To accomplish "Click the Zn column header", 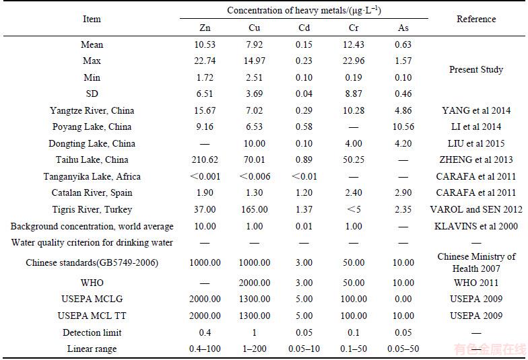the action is pos(205,28).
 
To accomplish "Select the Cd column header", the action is pos(304,28).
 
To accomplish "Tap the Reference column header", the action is pos(476,19).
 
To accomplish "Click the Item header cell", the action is pos(92,19).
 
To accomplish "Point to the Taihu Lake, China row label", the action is pos(92,159).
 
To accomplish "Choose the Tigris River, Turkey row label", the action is pos(92,210).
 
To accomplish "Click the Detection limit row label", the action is pos(92,332).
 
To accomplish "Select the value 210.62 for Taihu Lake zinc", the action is pos(205,159).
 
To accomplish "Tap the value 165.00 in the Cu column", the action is pos(255,210).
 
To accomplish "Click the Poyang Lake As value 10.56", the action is pos(403,127).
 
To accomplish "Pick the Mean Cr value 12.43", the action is pos(354,44).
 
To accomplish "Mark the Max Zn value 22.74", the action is pos(205,61).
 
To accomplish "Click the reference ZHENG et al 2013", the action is pos(476,159).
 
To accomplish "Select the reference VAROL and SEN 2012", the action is pos(476,210).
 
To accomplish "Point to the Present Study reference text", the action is pos(476,69).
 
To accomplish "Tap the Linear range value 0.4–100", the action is pos(205,349).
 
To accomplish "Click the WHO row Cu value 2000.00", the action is pos(255,283).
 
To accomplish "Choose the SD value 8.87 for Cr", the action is pos(354,94).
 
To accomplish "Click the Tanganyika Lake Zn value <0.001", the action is pos(205,176).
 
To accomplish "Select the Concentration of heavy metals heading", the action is pos(304,10).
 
